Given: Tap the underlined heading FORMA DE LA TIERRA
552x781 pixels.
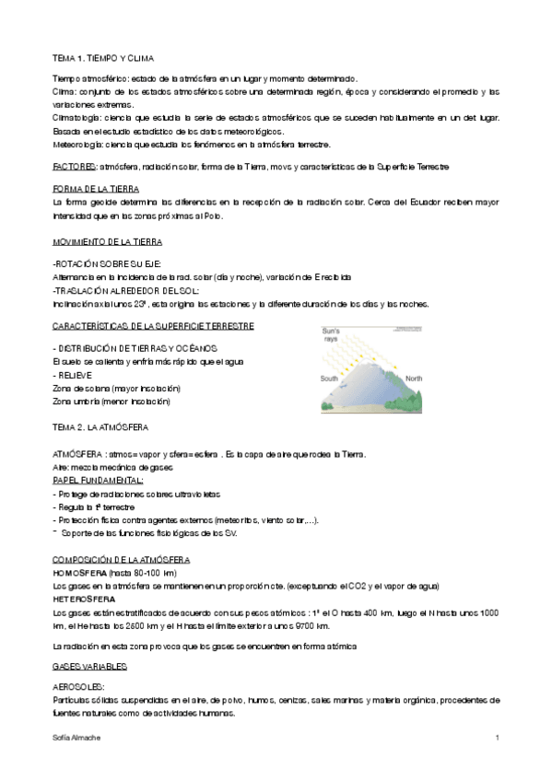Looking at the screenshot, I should pyautogui.click(x=93, y=188).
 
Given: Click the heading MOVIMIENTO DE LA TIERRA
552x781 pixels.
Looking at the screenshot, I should pyautogui.click(x=107, y=241).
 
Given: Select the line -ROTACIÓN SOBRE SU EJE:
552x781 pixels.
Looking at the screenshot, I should pyautogui.click(x=108, y=263).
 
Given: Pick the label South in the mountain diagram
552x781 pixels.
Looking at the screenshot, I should pyautogui.click(x=329, y=379).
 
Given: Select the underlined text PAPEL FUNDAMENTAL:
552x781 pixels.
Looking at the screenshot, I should pyautogui.click(x=98, y=480).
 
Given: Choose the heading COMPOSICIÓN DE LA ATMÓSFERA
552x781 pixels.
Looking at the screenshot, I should pyautogui.click(x=121, y=560).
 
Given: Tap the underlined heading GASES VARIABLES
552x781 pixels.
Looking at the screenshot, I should pyautogui.click(x=90, y=665).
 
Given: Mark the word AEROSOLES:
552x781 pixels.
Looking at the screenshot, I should pyautogui.click(x=79, y=687).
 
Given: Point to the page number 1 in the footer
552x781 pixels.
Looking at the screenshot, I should pyautogui.click(x=497, y=739).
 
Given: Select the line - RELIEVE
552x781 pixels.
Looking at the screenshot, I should pyautogui.click(x=76, y=376).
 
